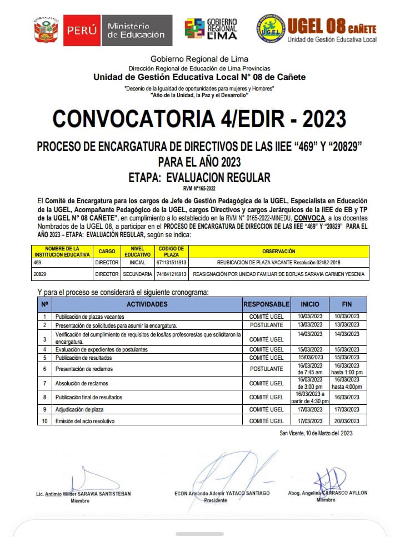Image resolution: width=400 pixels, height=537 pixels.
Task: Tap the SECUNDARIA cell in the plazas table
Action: [137, 274]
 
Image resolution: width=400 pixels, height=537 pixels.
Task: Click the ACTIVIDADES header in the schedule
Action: [147, 304]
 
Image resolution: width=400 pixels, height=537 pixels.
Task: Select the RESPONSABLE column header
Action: [267, 304]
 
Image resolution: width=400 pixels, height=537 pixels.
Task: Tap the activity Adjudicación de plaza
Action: [79, 409]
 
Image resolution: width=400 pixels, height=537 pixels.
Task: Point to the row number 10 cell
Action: [44, 421]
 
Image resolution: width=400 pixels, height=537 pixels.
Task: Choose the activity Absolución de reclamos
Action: [82, 383]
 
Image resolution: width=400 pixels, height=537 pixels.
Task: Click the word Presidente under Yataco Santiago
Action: [216, 500]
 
